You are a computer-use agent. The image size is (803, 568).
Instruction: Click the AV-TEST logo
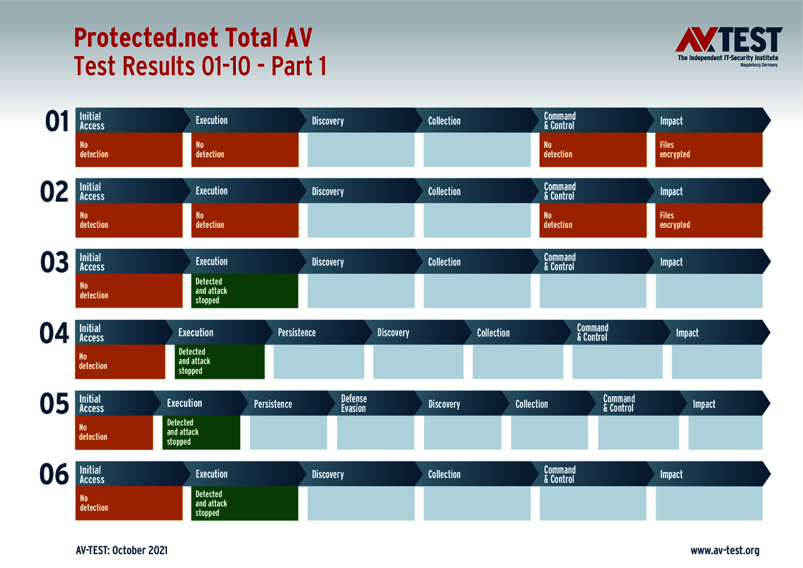coord(728,46)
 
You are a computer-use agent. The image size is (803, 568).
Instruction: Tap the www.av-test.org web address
coord(725,551)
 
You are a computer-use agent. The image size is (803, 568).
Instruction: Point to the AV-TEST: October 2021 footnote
coord(121,551)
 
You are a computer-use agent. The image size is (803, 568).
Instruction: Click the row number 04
coord(54,334)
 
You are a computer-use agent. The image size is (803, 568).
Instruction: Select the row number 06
coord(54,476)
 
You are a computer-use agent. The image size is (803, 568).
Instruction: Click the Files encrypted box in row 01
coord(709,149)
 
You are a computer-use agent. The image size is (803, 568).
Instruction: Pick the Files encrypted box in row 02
coord(709,220)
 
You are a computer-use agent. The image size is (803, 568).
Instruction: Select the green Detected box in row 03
coord(245,291)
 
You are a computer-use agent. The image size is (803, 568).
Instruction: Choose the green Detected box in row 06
coord(245,503)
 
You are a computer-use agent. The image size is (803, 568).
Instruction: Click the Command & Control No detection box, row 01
coord(593,149)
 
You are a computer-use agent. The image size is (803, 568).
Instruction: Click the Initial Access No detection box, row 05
coord(114,432)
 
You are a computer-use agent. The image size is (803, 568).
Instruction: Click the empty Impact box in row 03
coord(709,291)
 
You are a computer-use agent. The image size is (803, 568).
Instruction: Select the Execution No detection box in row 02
coord(245,220)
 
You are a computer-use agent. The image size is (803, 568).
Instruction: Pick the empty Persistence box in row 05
coord(288,432)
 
